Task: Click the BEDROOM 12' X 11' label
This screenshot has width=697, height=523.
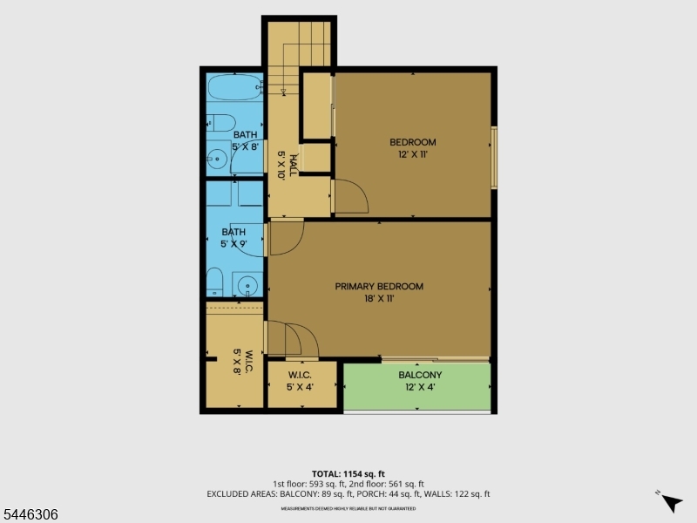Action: pyautogui.click(x=413, y=148)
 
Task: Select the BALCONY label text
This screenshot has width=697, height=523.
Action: pyautogui.click(x=420, y=375)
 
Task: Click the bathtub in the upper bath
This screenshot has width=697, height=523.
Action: pyautogui.click(x=234, y=88)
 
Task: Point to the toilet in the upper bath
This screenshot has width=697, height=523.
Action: pyautogui.click(x=220, y=123)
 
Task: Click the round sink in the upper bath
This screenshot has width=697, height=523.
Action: pyautogui.click(x=217, y=159)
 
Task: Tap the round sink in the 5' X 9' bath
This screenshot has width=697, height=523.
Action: pyautogui.click(x=247, y=285)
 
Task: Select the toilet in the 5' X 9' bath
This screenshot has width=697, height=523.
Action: pyautogui.click(x=214, y=282)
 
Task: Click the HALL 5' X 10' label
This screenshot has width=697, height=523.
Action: pyautogui.click(x=287, y=165)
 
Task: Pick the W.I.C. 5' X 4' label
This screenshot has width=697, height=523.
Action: pyautogui.click(x=300, y=381)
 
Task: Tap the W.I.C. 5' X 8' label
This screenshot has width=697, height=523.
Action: pyautogui.click(x=243, y=362)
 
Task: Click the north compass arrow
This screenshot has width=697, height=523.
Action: pyautogui.click(x=672, y=504)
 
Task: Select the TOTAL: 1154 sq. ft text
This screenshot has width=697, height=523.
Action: pyautogui.click(x=348, y=474)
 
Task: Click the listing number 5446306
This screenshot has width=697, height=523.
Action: pyautogui.click(x=30, y=514)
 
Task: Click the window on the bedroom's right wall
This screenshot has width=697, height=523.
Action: pyautogui.click(x=494, y=158)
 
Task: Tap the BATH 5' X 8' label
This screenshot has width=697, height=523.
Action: pyautogui.click(x=246, y=140)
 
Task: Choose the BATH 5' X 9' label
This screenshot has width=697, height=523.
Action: pyautogui.click(x=233, y=238)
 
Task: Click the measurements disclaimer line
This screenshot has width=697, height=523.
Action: pyautogui.click(x=348, y=508)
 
